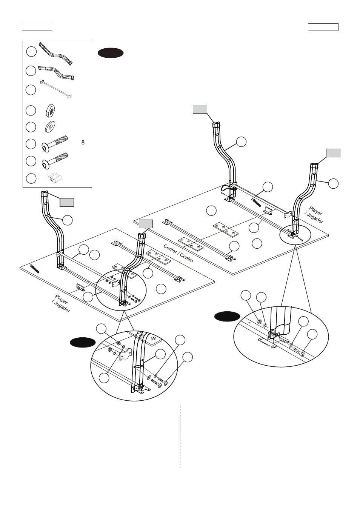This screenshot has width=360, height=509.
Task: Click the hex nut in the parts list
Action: [x=51, y=111]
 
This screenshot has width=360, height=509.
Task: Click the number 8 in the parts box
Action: [x=83, y=143]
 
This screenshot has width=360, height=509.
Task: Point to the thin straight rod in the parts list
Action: [x=56, y=89]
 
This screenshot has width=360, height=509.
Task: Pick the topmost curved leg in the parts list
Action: [x=56, y=54]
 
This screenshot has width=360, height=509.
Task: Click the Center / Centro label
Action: [x=178, y=253]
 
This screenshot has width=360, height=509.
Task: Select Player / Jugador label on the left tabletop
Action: [x=61, y=304]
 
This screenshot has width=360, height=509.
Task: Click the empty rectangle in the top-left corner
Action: [x=37, y=27]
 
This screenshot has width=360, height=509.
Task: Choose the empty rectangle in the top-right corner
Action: [x=323, y=27]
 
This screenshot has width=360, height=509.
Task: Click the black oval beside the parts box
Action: [x=111, y=53]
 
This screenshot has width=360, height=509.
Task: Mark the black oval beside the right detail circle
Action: [x=227, y=317]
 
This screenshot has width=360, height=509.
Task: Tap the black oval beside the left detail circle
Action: [x=83, y=343]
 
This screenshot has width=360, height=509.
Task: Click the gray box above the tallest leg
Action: [x=200, y=109]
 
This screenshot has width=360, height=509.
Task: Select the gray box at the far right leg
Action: [x=333, y=153]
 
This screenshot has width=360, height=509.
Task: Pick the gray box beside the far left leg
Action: [x=67, y=203]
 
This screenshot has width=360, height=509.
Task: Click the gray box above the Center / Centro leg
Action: [x=146, y=224]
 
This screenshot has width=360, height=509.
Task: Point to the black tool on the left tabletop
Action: [x=35, y=269]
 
